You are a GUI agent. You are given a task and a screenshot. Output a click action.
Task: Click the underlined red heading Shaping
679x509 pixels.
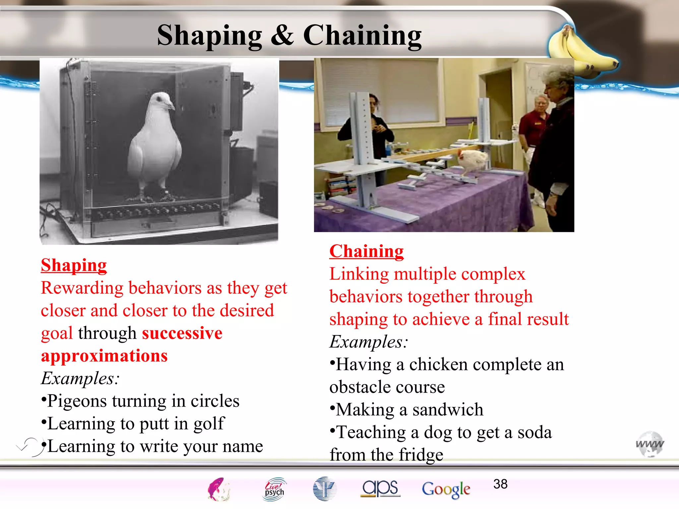pos(74,265)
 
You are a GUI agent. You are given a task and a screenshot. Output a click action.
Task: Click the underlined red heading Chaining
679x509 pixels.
pos(366,251)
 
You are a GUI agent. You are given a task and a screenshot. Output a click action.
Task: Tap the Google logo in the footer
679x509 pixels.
pos(446,489)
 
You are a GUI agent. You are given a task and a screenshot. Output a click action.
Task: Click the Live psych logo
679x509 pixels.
pos(274,489)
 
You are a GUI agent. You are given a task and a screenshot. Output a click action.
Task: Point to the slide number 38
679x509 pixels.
pos(500,484)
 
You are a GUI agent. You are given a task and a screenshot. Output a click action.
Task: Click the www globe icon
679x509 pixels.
pos(649,444)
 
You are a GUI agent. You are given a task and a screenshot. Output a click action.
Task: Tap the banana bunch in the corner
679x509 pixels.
pos(580,50)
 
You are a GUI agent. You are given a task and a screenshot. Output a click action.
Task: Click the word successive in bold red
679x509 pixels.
pos(182,333)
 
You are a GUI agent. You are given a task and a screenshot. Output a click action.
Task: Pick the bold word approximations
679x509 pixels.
pos(104,356)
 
